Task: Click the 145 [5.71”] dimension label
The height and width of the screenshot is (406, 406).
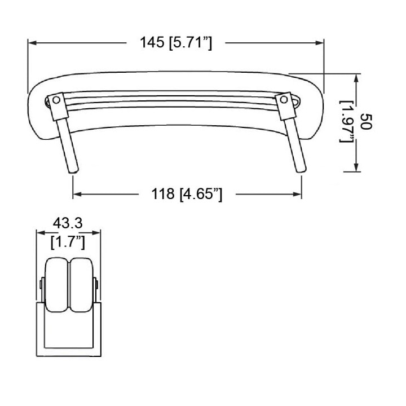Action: coord(176,43)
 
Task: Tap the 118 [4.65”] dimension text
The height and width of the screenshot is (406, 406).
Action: coord(187,194)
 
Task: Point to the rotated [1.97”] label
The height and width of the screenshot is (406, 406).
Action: coord(346,121)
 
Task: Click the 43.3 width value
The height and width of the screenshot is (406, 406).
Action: coord(68,223)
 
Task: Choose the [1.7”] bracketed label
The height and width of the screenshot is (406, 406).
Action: coord(68,242)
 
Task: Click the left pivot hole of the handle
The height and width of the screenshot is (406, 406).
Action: coord(56,100)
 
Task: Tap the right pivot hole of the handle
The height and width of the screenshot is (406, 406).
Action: coord(284,99)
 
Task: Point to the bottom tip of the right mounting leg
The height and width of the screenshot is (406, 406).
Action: coord(302,171)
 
